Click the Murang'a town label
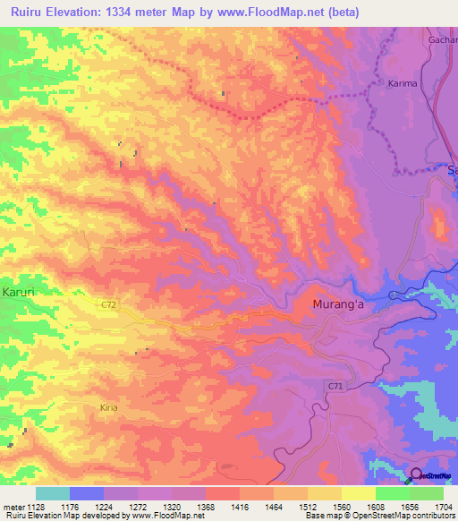[x=340, y=306]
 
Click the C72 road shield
[x=108, y=305]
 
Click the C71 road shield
[x=334, y=384]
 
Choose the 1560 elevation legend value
[x=343, y=506]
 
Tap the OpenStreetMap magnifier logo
[x=416, y=476]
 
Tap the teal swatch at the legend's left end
[x=52, y=493]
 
